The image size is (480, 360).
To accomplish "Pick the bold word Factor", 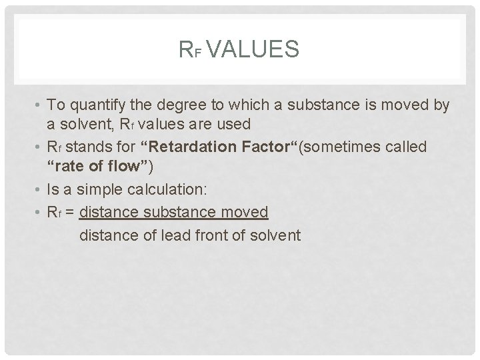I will coord(255,147).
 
